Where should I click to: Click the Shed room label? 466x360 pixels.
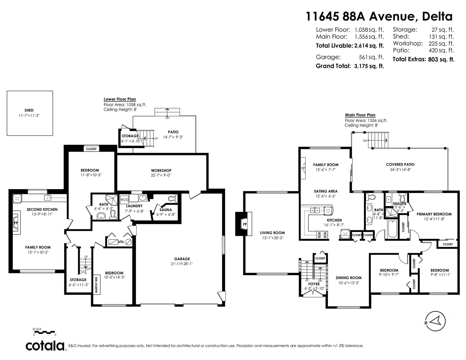coord(29,110)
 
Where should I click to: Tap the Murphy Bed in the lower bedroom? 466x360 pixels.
coord(97,285)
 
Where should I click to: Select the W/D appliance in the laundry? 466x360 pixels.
coord(124,200)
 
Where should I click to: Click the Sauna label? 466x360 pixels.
coord(165,210)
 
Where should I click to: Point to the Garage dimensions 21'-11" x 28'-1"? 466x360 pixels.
coord(182,264)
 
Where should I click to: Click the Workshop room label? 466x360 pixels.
coord(161,171)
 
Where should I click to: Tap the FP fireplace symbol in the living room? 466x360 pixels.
coord(245,224)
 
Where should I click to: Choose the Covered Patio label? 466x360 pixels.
coord(400,164)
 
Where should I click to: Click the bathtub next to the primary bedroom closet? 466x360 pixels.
coord(392,229)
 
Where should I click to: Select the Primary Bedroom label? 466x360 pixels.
coord(434,214)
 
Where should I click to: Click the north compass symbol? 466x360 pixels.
coord(435,321)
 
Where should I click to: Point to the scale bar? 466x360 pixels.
coord(45,332)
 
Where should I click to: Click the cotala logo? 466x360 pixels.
coord(45,345)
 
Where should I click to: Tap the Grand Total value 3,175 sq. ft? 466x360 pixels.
coord(369,66)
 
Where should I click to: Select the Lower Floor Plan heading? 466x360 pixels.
coord(120,99)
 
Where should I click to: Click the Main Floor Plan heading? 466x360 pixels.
coord(360,115)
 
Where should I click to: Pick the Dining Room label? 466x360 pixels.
coord(349,278)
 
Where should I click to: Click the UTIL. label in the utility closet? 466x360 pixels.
coord(121,242)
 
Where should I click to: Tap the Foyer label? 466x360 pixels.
coord(314,284)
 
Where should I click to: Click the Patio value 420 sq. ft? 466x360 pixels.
coord(441,50)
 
